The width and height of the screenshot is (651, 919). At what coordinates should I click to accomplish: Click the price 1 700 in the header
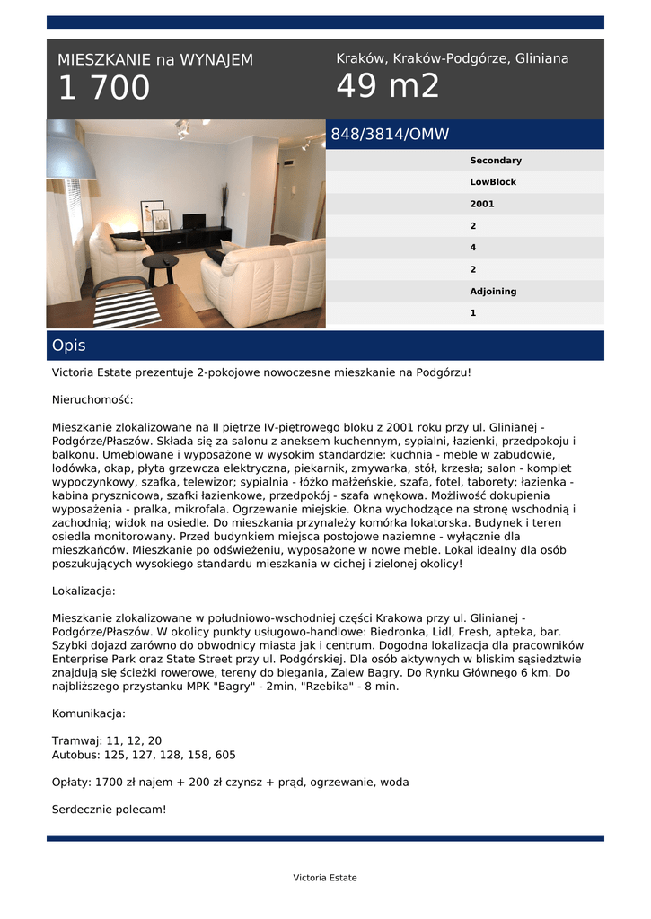tap(104, 89)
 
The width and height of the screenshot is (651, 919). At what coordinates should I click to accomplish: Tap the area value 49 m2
tap(388, 87)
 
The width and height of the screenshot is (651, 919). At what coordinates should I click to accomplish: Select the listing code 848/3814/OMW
tap(390, 135)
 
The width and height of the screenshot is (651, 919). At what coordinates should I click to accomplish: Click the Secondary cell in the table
tap(496, 161)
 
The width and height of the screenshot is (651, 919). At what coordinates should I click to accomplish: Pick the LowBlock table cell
tap(493, 182)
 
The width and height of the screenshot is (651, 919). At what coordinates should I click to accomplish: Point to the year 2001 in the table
tap(482, 204)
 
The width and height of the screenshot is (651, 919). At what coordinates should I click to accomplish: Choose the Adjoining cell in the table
tap(493, 292)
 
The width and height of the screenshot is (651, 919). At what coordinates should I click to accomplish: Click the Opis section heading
tap(69, 346)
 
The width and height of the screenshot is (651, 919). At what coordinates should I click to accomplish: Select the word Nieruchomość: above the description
tap(92, 399)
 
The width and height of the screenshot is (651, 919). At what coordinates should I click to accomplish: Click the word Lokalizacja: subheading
tap(84, 591)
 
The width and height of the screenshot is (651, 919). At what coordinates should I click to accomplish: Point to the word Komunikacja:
tap(89, 713)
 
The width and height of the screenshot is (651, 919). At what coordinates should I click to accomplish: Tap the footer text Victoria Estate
tap(325, 878)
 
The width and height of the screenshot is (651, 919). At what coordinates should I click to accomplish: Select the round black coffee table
tap(161, 263)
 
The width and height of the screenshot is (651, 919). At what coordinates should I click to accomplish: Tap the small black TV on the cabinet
tap(193, 220)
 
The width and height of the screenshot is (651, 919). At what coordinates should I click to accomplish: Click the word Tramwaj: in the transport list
tap(77, 741)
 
